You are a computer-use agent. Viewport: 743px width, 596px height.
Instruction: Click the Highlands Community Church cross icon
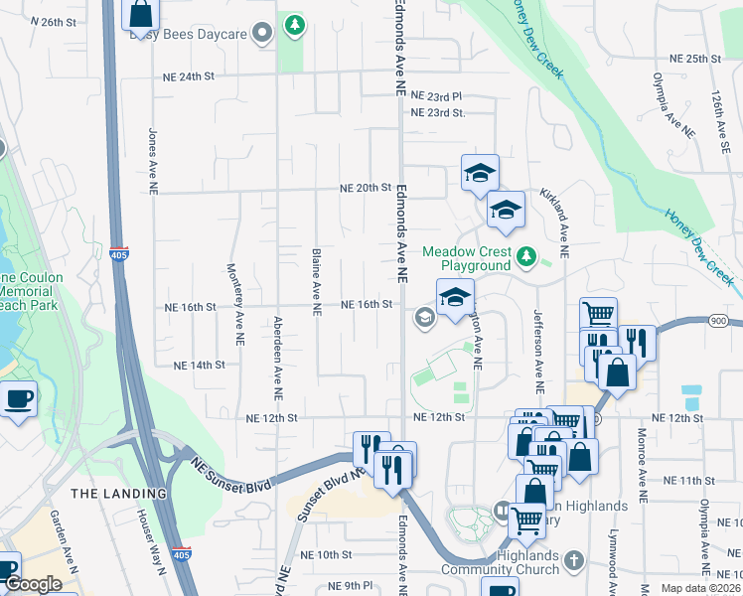click(x=573, y=562)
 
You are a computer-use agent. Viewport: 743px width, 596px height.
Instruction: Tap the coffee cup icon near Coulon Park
click(x=18, y=400)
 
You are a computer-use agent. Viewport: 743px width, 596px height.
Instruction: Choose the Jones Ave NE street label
click(x=153, y=160)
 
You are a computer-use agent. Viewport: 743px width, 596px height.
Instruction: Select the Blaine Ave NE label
click(x=316, y=282)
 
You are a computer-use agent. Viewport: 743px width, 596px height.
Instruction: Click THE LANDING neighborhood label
click(x=118, y=493)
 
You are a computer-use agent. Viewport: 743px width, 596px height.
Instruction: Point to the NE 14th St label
click(x=200, y=366)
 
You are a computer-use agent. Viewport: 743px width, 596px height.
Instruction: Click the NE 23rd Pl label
click(x=437, y=96)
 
